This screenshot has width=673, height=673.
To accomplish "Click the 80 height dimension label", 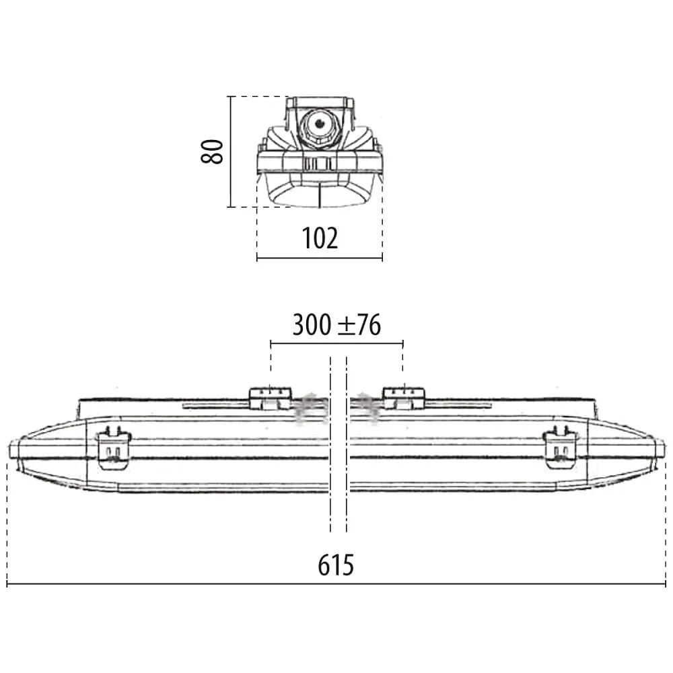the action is click(212, 151).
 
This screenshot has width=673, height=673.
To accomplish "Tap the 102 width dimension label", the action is click(320, 238).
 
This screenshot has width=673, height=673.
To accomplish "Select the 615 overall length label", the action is click(336, 565).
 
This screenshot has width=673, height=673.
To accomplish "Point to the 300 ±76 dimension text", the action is click(336, 324).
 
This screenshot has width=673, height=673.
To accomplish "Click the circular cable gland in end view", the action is click(319, 125).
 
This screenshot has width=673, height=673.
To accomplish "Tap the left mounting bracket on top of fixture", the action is click(271, 398).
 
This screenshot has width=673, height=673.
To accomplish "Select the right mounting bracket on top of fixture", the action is click(403, 398).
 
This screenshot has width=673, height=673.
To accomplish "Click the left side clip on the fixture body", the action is click(114, 448).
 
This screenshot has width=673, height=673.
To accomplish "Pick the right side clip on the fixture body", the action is click(561, 448).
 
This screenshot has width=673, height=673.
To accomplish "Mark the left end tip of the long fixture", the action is click(9, 451).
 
